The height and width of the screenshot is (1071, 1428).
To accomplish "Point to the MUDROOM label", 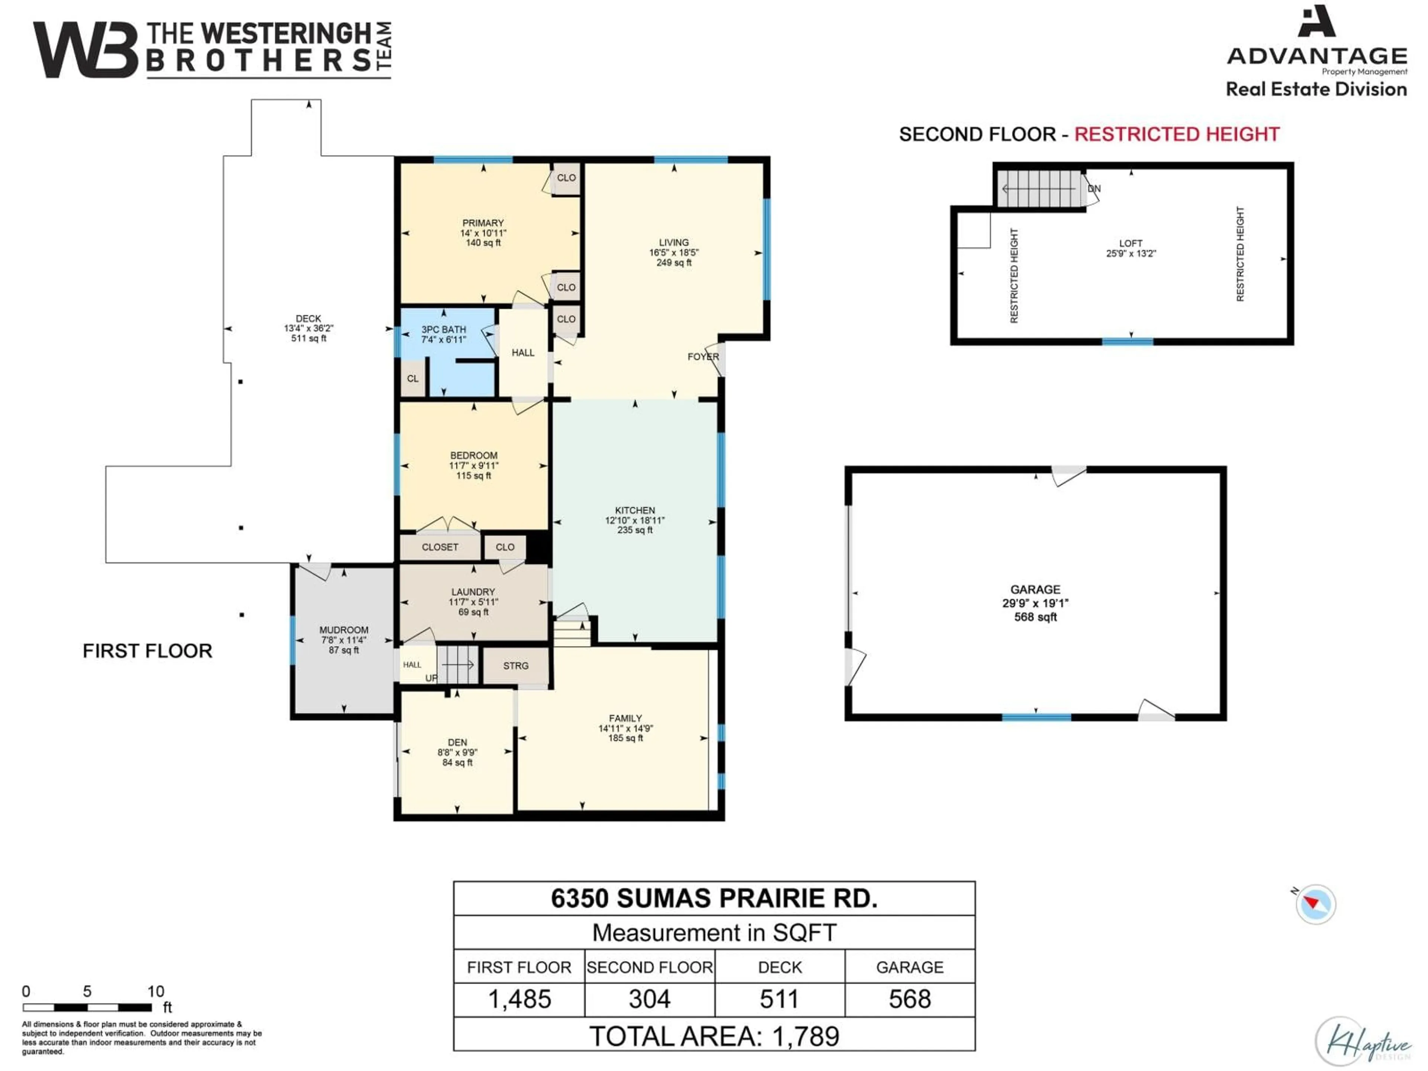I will click(344, 630).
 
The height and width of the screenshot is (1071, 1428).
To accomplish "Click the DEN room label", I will click(457, 742).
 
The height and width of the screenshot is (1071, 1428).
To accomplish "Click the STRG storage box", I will click(516, 666).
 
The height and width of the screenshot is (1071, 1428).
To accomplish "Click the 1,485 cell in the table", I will click(519, 999).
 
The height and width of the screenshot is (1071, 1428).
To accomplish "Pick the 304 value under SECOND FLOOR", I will click(649, 999).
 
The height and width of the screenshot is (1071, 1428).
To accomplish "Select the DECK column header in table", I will click(780, 967).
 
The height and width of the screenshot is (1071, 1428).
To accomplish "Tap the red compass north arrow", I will click(1311, 902).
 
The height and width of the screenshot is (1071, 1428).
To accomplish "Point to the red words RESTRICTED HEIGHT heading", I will click(1176, 134).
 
